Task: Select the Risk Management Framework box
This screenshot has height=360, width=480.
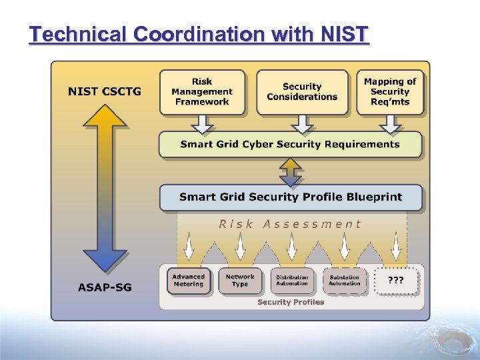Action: coord(202,92)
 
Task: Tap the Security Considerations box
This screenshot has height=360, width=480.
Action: coord(302,92)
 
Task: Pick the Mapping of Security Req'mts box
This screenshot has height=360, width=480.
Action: coord(390,92)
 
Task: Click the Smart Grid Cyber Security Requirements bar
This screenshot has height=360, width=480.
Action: coord(290,144)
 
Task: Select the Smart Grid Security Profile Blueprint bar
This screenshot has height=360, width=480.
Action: coord(290,197)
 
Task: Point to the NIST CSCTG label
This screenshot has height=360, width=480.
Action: coord(105,91)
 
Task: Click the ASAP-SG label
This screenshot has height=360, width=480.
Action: coord(105,287)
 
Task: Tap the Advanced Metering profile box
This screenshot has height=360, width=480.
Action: coord(189,281)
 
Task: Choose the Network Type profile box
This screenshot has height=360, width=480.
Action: coord(240,281)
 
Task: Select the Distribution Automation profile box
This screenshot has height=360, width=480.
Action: coord(292,281)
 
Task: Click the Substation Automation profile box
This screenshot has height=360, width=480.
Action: coord(344,281)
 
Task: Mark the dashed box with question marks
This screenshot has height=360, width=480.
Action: coord(396,281)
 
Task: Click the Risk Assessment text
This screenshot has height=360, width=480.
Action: coord(290,224)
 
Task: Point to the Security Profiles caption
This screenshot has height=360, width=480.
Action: coord(291,302)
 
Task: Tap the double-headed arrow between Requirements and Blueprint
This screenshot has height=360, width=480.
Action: coord(291,171)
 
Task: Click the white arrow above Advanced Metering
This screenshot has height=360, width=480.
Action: coord(189,247)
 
